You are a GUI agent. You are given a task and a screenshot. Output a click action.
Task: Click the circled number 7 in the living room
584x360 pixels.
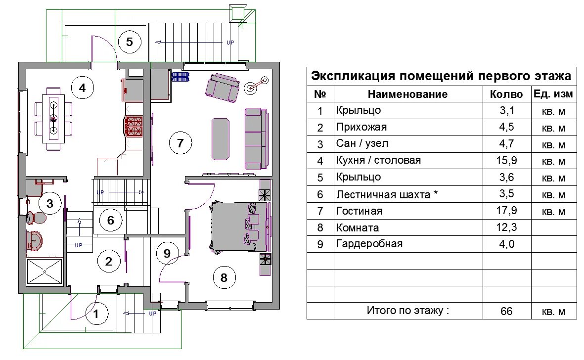(x=180, y=143)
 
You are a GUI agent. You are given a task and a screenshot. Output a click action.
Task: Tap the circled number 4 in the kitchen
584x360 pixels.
(x=82, y=88)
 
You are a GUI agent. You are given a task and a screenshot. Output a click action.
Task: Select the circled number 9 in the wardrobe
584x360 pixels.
(x=167, y=253)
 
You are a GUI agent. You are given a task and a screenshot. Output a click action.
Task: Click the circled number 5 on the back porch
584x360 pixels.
(x=130, y=42)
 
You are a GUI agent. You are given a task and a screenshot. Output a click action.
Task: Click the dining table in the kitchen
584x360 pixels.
(x=52, y=118)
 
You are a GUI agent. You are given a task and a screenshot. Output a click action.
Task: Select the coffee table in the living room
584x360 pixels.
(x=220, y=139)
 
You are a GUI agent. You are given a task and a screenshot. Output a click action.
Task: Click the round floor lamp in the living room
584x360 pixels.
(x=252, y=88)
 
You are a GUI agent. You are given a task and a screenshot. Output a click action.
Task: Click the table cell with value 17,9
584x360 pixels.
(x=506, y=211)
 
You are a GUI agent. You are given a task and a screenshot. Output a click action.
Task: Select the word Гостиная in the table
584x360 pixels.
(x=359, y=211)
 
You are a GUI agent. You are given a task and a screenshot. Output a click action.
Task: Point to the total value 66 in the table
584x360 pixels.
(x=506, y=311)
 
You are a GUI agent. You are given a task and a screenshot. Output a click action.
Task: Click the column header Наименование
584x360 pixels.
(x=407, y=94)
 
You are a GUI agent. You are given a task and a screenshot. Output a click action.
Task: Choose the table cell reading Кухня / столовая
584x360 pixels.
(x=378, y=160)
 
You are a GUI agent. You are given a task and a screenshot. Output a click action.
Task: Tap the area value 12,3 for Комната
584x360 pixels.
(x=506, y=227)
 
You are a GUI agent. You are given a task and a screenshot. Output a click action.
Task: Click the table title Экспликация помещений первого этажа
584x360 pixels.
(x=441, y=77)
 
